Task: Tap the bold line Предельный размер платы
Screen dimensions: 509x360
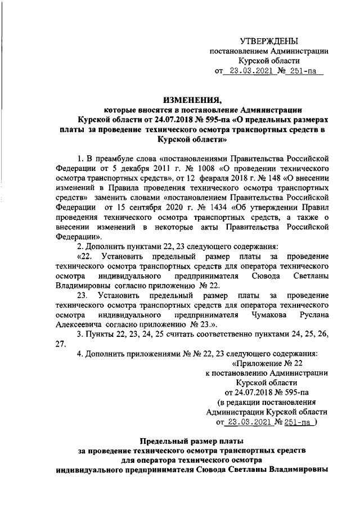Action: (x=193, y=442)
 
